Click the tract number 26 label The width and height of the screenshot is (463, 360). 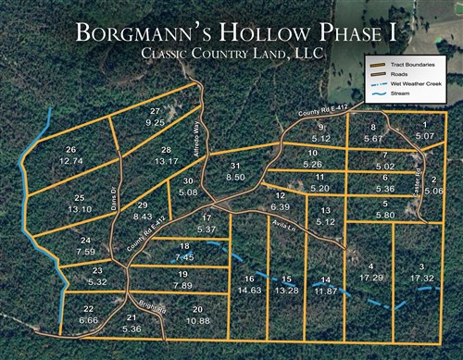[70, 150]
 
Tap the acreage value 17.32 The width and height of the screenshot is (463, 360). [421, 278]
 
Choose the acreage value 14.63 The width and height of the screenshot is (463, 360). [248, 290]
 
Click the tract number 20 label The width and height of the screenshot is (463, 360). [197, 309]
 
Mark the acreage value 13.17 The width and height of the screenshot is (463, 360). [167, 160]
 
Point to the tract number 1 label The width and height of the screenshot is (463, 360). [425, 125]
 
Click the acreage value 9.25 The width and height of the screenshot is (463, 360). [156, 121]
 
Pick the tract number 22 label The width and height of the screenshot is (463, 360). [89, 309]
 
